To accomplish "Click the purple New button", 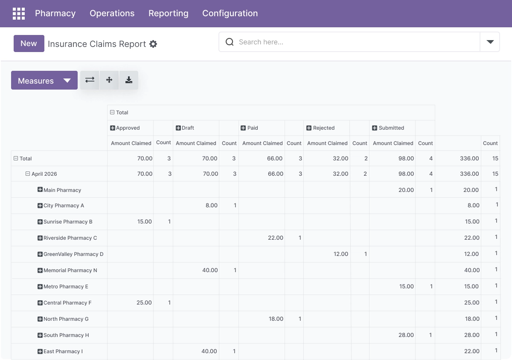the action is tap(29, 44).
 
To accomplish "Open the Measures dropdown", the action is tap(44, 80).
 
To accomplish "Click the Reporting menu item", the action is tap(168, 13).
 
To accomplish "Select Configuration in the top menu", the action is tap(230, 13).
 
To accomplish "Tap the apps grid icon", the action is tap(19, 14).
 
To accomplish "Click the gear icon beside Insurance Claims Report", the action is tap(153, 44).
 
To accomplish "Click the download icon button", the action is tap(129, 80).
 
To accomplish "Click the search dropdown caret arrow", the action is tap(490, 42).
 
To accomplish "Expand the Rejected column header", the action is tap(309, 128).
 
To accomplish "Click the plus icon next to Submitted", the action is tap(375, 128).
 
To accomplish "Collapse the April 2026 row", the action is tap(28, 174).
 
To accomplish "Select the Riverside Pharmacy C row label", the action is tap(70, 238).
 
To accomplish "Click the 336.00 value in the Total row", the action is tap(469, 158).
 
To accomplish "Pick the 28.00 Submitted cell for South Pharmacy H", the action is tap(406, 335).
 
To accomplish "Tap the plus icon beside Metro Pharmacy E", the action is tap(40, 286).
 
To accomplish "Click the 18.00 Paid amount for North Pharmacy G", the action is tap(276, 319).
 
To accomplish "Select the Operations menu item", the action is tap(112, 13).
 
